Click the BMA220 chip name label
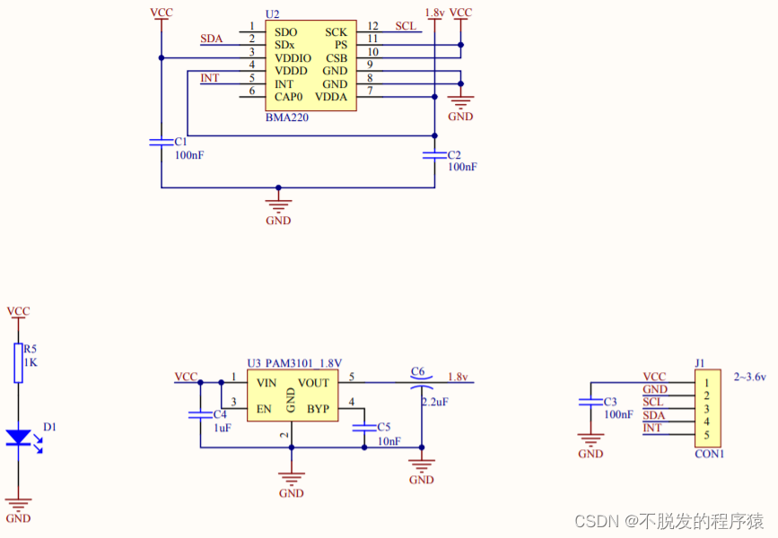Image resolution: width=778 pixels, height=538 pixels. (x=287, y=117)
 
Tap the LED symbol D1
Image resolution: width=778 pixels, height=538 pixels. (x=18, y=438)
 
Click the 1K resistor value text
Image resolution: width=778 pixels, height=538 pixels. (x=31, y=361)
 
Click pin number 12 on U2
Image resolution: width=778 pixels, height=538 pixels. (x=372, y=27)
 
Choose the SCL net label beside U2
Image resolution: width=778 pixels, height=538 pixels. (x=405, y=27)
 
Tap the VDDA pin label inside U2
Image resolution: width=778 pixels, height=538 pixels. (x=330, y=97)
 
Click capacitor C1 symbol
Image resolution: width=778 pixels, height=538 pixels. (x=162, y=142)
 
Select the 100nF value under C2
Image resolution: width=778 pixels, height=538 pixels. (x=462, y=167)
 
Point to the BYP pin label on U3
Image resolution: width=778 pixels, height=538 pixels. (x=318, y=409)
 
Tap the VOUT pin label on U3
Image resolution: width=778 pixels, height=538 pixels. (x=314, y=383)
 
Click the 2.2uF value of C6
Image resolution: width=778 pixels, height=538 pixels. (x=434, y=402)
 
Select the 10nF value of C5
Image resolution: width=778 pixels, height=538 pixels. (x=389, y=440)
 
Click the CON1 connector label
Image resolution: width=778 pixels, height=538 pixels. (x=709, y=454)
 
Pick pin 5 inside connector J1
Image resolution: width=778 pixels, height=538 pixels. (x=707, y=436)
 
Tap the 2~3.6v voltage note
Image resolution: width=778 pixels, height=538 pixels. (x=750, y=377)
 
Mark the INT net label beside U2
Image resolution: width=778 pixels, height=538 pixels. (x=209, y=79)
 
